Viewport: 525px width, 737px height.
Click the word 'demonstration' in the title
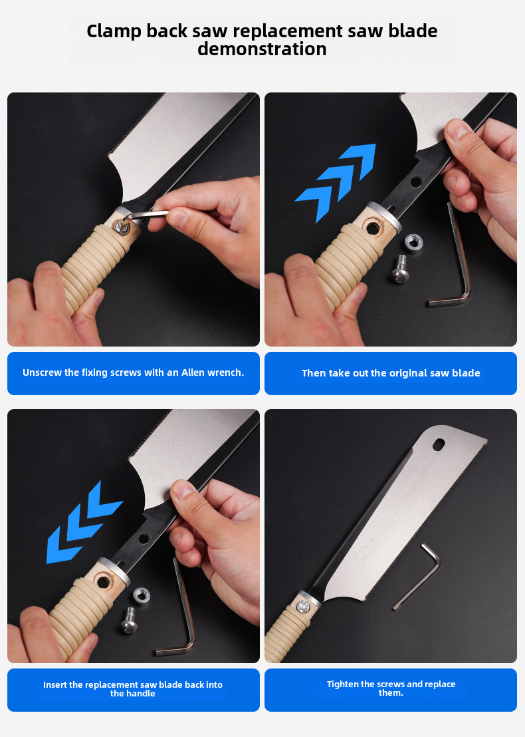coord(262,49)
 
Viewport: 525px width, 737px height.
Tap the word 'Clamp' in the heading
coord(114,31)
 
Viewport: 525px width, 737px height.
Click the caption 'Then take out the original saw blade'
coord(391,373)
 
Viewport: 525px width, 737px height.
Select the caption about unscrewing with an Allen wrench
coord(134,372)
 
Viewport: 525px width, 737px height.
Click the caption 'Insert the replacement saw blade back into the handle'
coord(133,689)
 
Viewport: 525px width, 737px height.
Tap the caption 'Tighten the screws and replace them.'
coord(391,688)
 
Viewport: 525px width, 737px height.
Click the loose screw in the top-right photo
coord(400,269)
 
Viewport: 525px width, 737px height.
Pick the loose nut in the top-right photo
coord(413,243)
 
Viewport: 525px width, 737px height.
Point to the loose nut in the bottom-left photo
coord(142,596)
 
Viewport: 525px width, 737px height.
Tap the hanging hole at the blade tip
coord(439,444)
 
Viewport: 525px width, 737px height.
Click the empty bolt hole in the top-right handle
coord(373,229)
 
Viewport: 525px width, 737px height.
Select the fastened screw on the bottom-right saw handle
coord(303,607)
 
